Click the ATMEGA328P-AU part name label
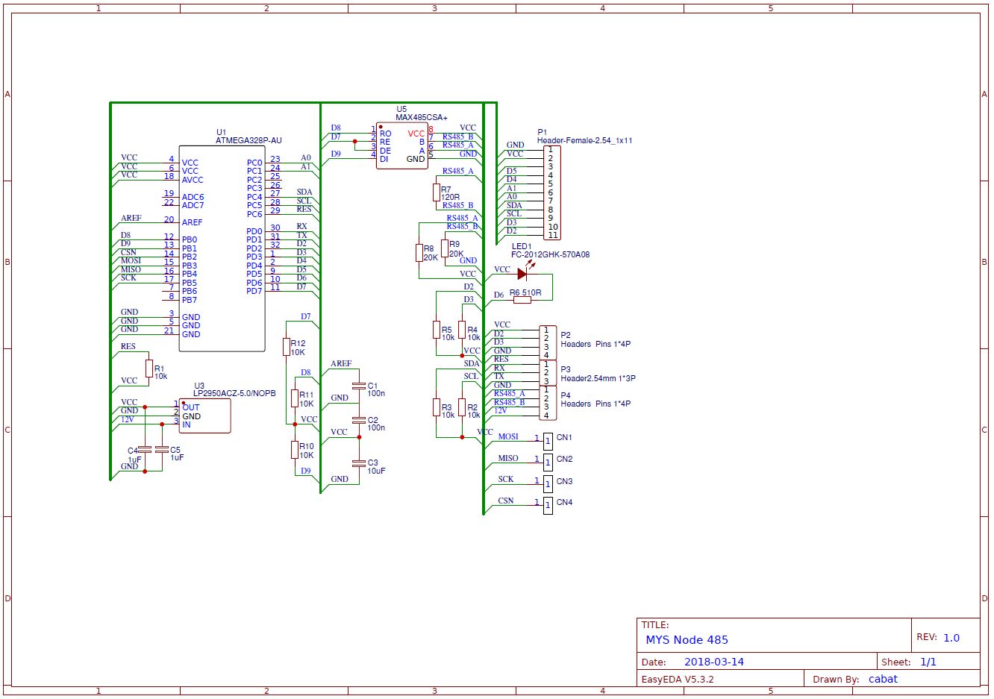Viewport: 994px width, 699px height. point(248,140)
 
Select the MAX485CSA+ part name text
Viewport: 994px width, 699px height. point(421,117)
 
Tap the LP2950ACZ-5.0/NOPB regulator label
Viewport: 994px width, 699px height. point(234,393)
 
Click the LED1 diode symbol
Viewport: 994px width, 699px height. point(522,274)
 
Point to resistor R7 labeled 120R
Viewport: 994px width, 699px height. point(436,192)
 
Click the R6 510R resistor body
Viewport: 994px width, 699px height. point(522,300)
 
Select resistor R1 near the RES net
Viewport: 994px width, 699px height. point(148,369)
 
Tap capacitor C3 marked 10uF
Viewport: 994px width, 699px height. point(358,463)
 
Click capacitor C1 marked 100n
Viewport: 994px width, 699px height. point(358,386)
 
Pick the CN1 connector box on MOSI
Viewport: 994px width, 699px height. point(548,441)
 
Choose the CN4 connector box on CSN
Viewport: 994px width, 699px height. point(548,505)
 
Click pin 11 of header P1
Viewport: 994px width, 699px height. point(552,235)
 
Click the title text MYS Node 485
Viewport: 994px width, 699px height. point(687,639)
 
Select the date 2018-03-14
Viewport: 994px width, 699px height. point(713,662)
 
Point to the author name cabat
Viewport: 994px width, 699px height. point(883,679)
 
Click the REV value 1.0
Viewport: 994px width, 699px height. point(951,638)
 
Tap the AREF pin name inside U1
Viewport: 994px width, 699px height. point(192,222)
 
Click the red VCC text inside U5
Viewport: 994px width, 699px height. point(416,134)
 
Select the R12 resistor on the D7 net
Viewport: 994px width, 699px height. point(286,346)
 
